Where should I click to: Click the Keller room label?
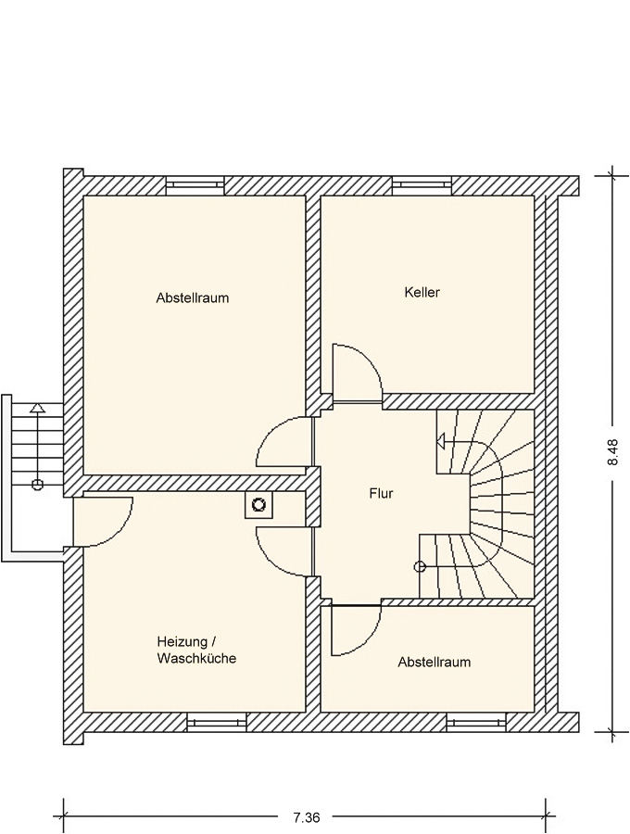click(422, 292)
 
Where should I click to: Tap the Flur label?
click(381, 494)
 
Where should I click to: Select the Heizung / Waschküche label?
click(196, 650)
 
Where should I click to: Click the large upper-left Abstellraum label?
click(193, 297)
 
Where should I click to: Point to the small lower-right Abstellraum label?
click(435, 663)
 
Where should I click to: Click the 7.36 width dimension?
click(307, 815)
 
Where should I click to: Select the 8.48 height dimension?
click(613, 452)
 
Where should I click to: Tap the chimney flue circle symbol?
click(258, 505)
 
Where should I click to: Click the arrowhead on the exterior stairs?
click(37, 408)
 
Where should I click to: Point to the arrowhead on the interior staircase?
click(441, 440)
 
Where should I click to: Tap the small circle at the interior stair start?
click(420, 566)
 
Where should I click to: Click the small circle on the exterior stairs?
click(37, 484)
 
